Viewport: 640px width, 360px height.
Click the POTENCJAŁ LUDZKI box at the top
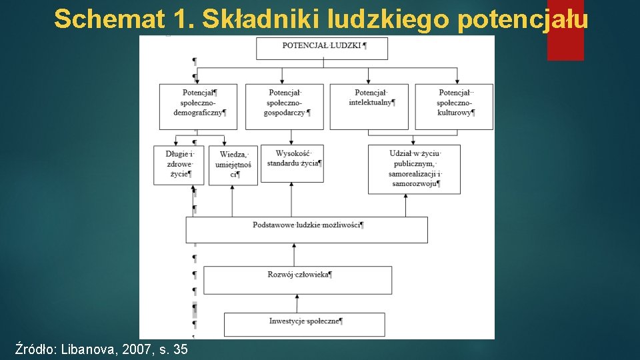pos(322,48)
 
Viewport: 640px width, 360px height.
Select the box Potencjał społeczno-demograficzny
pos(198,106)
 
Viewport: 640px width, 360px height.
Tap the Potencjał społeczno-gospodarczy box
pos(284,106)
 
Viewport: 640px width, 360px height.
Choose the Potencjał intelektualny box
pos(369,106)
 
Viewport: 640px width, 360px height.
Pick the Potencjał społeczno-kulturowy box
pos(454,106)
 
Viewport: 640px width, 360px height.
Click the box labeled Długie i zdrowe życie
pos(179,165)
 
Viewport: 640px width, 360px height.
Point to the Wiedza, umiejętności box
pos(233,165)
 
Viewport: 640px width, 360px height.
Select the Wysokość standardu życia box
pos(292,163)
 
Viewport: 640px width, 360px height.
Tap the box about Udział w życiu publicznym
pos(414,169)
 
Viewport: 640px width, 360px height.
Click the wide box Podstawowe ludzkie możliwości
pos(307,229)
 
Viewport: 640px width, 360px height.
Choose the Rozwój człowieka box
pos(297,280)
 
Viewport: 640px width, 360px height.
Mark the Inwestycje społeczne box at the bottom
pos(304,324)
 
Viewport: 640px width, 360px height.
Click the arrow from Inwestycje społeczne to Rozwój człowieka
pos(295,303)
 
